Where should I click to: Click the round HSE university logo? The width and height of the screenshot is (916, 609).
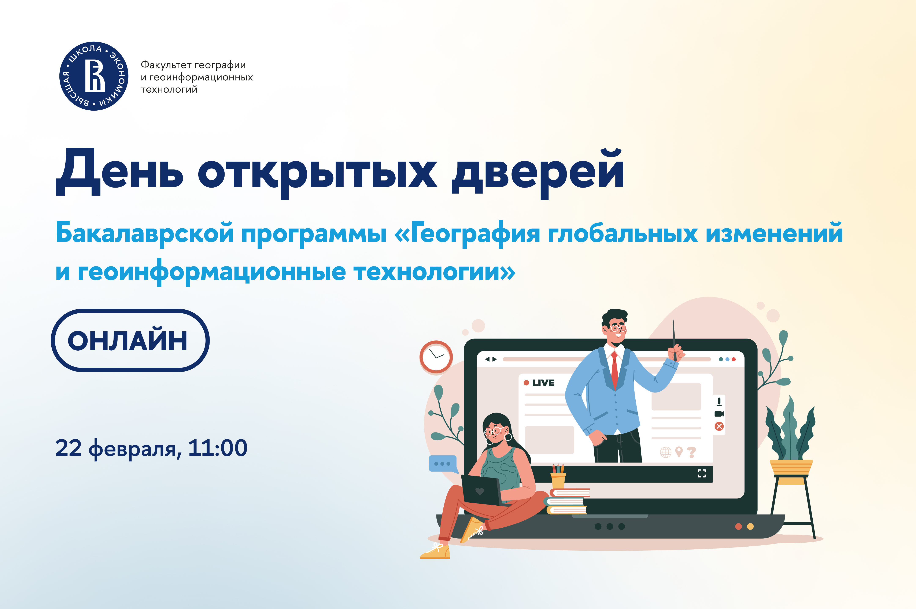pos(94,76)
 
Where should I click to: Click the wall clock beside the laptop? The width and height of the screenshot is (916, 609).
pos(436,357)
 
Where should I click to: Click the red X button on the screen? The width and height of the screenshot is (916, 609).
pos(719,427)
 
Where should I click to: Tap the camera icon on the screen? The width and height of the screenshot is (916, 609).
pos(719,414)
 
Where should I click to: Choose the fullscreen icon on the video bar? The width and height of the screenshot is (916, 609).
pos(702,473)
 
